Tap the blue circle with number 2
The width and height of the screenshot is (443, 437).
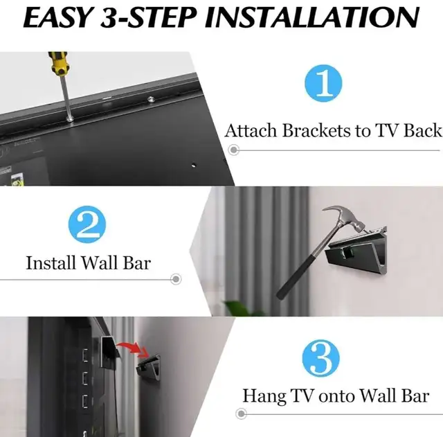tap(88, 226)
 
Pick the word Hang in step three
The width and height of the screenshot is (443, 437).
tap(263, 396)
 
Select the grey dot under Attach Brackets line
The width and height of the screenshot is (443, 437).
tap(235, 149)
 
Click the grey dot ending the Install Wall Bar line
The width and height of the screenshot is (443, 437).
tap(176, 279)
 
